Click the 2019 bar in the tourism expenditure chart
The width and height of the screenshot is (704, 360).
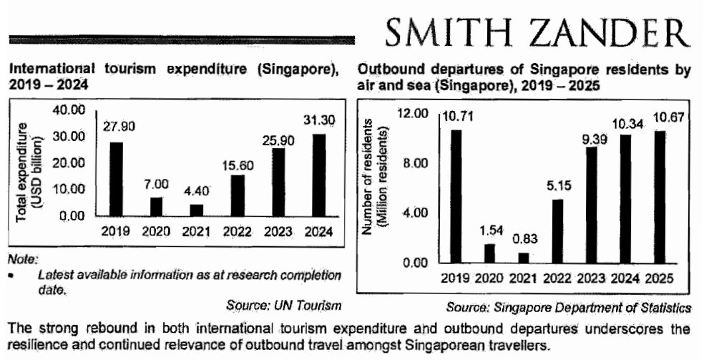pos(116,179)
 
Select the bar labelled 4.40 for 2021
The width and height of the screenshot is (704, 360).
pos(197,210)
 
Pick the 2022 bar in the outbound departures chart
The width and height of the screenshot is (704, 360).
pos(557,230)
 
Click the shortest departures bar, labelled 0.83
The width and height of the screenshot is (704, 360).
pos(523,258)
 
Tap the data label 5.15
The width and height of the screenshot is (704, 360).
pos(557,188)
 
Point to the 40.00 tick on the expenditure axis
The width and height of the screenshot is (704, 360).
pos(71,110)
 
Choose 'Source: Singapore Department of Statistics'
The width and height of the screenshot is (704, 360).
pos(568,308)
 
